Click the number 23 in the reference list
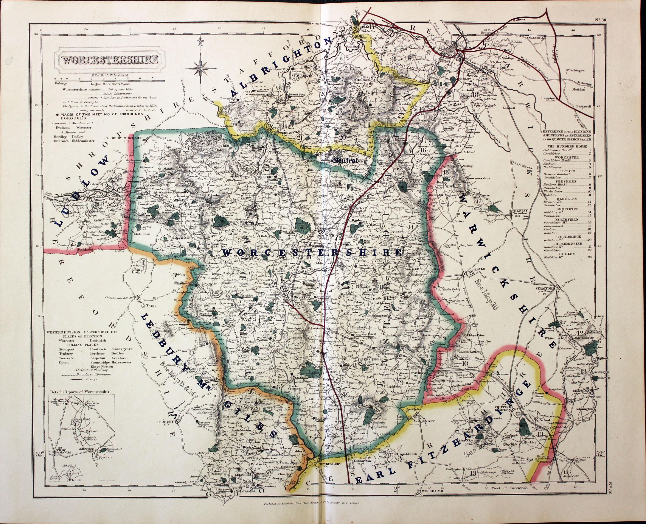coord(592,257)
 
